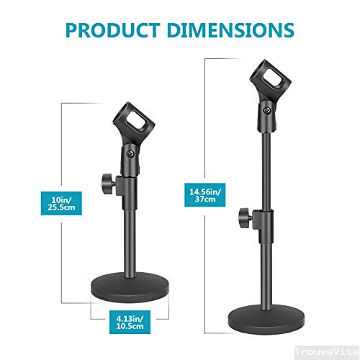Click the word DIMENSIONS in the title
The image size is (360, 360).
(230, 30)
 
